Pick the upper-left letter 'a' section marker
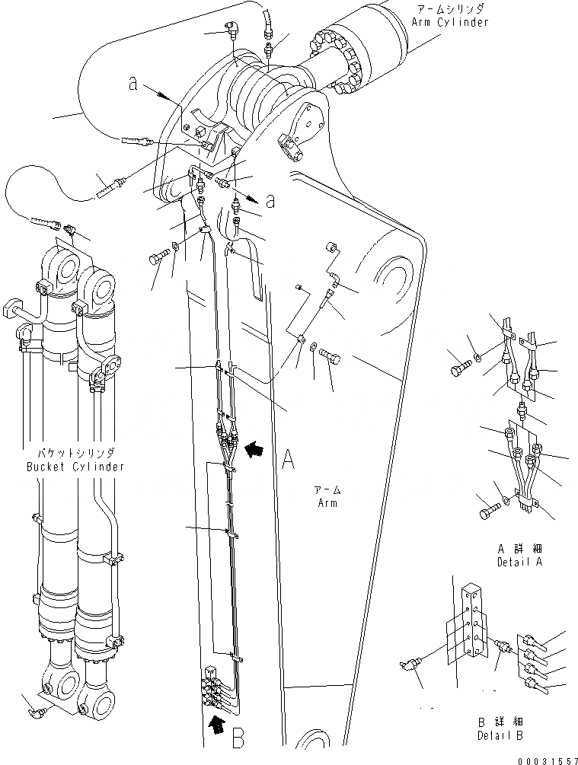pos(133,85)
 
